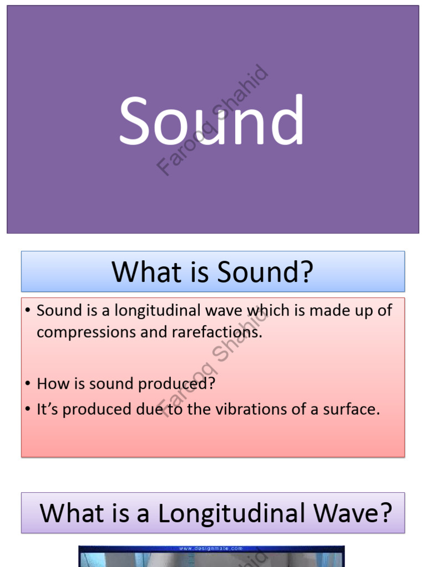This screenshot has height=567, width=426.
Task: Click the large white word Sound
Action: (x=211, y=120)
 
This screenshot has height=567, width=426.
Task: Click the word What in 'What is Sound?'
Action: (x=146, y=272)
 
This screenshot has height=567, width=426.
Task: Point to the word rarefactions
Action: (x=217, y=332)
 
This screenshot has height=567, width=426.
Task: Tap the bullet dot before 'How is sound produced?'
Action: (x=28, y=383)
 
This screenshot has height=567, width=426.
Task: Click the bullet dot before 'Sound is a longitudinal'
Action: (x=28, y=310)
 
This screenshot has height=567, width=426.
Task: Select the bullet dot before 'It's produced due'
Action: (x=28, y=409)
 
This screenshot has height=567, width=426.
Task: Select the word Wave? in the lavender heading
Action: (x=353, y=513)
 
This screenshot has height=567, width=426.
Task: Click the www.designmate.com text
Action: (x=211, y=549)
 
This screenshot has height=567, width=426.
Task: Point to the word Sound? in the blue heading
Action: (x=265, y=272)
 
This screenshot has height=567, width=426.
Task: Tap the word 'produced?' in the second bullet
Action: (x=177, y=384)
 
